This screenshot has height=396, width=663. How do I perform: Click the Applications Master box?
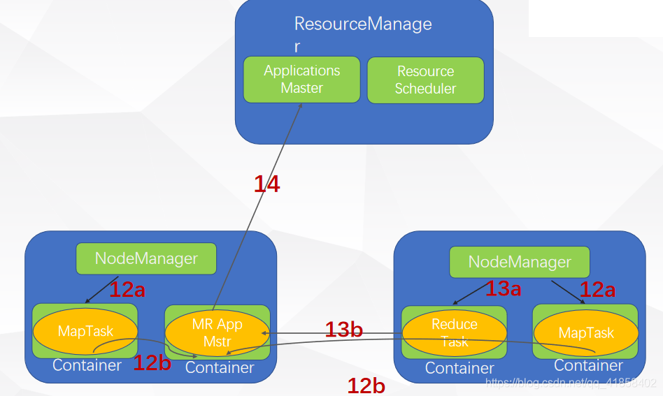click(301, 80)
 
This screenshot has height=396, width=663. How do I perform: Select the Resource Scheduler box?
click(425, 80)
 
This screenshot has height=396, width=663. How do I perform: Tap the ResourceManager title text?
click(362, 24)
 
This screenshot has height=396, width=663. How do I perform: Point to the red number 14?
click(266, 184)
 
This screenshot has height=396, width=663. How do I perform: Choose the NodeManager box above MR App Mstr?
click(146, 258)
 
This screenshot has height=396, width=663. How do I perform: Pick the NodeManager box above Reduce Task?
click(520, 263)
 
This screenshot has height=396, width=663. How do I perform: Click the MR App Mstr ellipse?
click(217, 332)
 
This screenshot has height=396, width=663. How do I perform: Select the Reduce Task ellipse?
click(454, 332)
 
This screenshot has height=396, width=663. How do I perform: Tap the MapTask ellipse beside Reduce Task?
click(585, 333)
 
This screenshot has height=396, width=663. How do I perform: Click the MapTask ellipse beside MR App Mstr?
click(85, 331)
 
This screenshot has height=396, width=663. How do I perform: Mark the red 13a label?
click(503, 288)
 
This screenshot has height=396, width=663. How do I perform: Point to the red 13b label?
click(343, 330)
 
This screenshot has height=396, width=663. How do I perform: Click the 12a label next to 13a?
click(597, 290)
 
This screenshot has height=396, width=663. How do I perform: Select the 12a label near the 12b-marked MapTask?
click(127, 290)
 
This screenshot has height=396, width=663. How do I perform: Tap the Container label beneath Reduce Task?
click(459, 368)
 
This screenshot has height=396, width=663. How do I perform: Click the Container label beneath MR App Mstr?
click(220, 367)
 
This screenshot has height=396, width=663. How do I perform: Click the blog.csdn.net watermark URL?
click(571, 383)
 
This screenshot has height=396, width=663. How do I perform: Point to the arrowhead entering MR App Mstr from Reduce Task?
click(265, 333)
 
